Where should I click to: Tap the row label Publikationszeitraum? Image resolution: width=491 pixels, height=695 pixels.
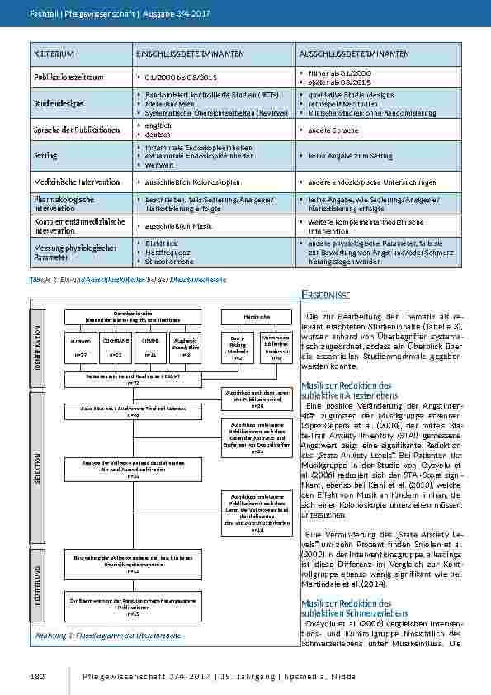click(x=68, y=77)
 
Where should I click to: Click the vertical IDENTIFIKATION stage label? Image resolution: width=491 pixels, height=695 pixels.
click(x=38, y=343)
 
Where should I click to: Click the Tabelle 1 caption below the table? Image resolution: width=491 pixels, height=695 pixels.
click(x=128, y=281)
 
